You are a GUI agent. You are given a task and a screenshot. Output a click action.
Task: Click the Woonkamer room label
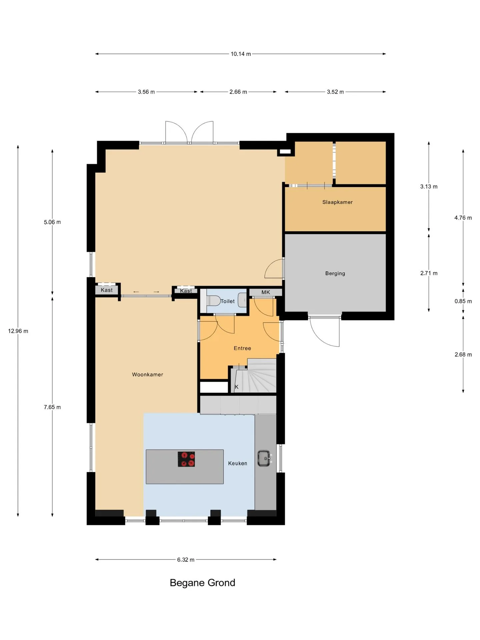coord(147,375)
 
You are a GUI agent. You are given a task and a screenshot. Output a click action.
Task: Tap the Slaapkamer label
coord(337,202)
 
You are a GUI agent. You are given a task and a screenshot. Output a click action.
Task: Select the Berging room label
coord(335,273)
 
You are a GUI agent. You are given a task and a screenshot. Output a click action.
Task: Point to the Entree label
coord(242,348)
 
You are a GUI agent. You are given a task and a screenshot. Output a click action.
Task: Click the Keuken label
coord(238,463)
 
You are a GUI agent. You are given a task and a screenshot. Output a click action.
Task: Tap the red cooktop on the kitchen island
coord(186,459)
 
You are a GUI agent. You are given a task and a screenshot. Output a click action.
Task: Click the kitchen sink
coord(265,458)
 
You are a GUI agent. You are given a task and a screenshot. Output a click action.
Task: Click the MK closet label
coord(266,292)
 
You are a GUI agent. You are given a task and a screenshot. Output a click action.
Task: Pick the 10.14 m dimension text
coord(241,54)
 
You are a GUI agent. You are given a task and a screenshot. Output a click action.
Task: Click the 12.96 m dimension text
coord(18,331)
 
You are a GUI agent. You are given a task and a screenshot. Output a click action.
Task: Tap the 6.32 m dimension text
coord(186,560)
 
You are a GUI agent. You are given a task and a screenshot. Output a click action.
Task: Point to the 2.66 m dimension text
coord(238,92)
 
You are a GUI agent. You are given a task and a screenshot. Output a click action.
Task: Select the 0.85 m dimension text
coord(463,301)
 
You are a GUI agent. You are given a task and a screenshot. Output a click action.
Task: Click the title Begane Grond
coord(202,583)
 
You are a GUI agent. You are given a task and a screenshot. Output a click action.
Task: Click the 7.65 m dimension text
coord(52,407)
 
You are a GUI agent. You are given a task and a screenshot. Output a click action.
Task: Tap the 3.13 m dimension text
coord(429,187)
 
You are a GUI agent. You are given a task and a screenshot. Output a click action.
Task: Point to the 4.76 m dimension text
coord(463,218)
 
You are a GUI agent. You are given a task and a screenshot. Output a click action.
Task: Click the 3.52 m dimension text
coord(335,92)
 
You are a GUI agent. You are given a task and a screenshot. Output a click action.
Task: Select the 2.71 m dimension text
coord(429,273)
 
